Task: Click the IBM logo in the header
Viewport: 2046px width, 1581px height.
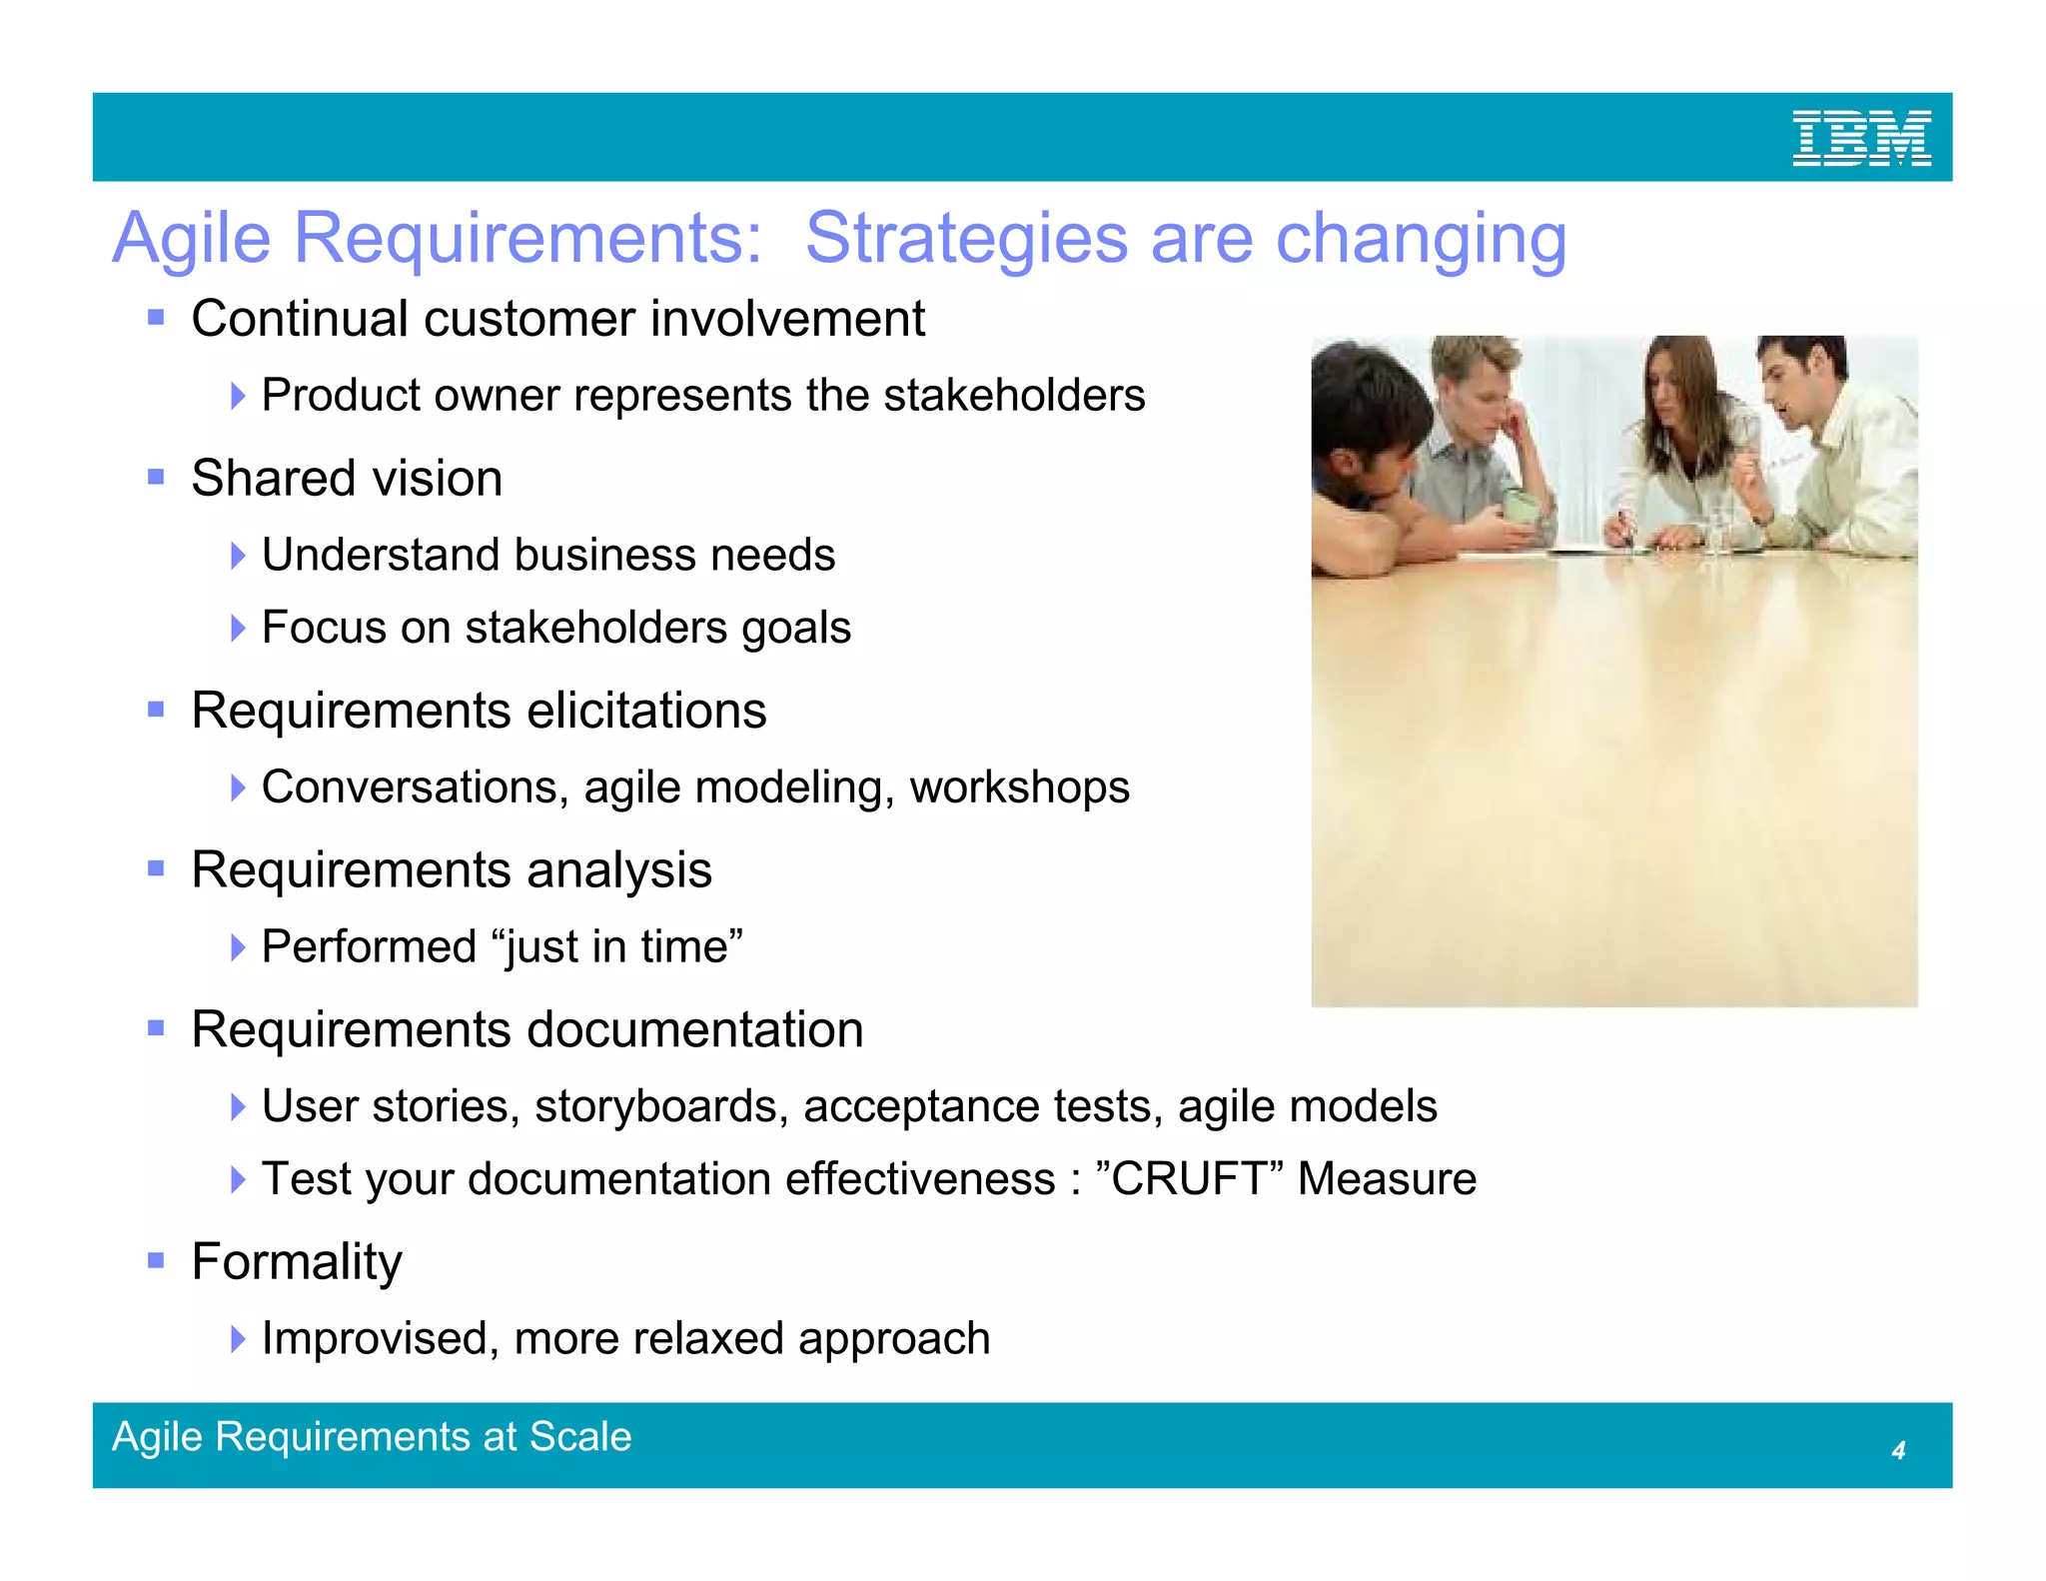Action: pos(1861,138)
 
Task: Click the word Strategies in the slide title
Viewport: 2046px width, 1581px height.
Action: pos(966,239)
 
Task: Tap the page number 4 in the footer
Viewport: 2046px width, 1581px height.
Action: pos(1898,1450)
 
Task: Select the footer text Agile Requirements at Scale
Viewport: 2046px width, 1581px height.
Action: pos(372,1437)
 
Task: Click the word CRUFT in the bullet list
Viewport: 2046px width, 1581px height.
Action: pos(1189,1179)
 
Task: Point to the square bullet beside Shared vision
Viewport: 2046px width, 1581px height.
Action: pos(156,477)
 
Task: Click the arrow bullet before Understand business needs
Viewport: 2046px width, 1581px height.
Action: pos(237,555)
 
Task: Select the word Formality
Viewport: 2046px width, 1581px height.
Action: pos(297,1261)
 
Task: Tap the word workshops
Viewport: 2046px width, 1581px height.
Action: pos(1019,788)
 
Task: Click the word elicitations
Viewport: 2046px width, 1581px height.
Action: pos(646,711)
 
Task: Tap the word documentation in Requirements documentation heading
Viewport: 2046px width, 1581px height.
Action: pos(696,1029)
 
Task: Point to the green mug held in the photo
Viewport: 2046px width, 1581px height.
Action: pos(1523,505)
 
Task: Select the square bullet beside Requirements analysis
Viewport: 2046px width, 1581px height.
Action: pos(156,868)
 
